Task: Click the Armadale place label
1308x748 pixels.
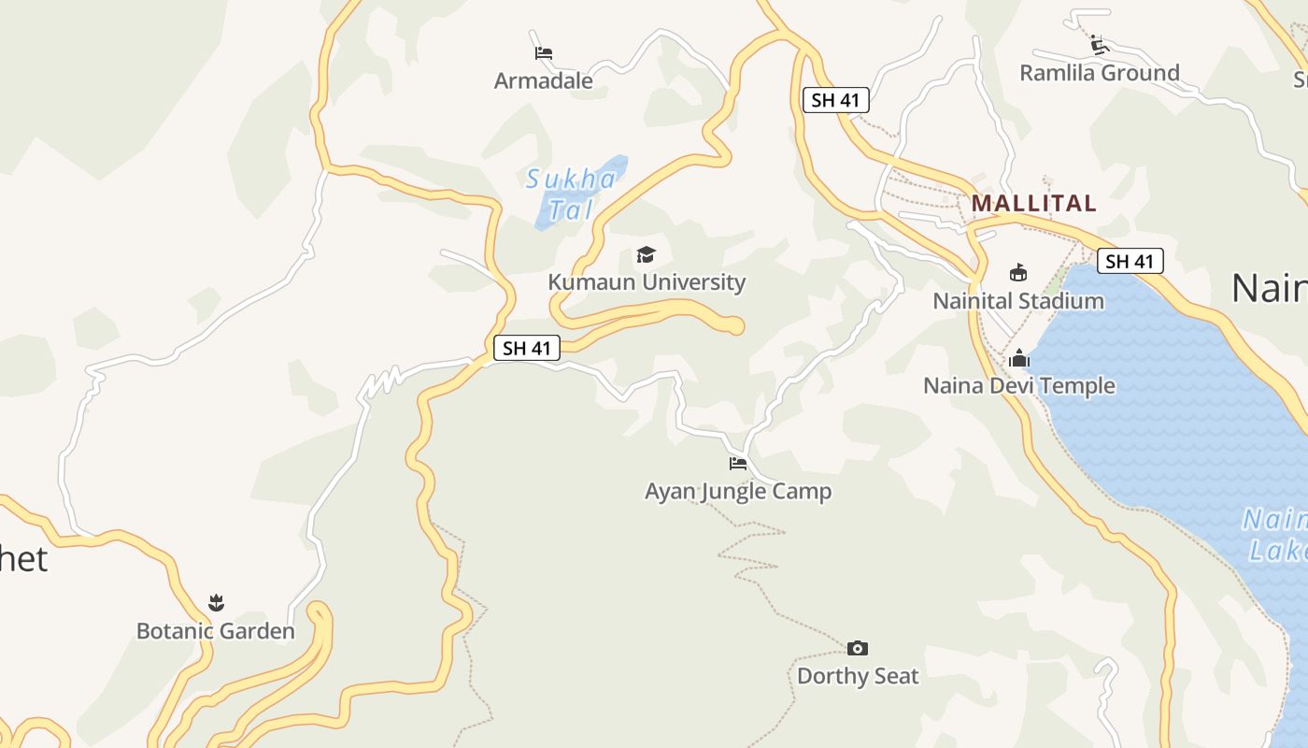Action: pos(543,81)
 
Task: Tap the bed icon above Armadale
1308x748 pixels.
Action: pos(544,53)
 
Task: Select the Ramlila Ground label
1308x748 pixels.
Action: pos(1099,73)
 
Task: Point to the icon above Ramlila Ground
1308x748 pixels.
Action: pos(1100,45)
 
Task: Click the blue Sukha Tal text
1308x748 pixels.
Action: pos(570,194)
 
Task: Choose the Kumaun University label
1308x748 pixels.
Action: pos(647,282)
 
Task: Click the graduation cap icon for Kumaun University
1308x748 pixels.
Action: pos(646,254)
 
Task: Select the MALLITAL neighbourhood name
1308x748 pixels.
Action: pos(1034,203)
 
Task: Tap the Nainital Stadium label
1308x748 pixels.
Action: pos(1018,301)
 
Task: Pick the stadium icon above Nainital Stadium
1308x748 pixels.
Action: pos(1018,273)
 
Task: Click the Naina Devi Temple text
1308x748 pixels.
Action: pos(1019,385)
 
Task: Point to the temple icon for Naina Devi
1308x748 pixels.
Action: pos(1019,358)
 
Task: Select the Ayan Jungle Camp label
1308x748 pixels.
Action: pos(738,491)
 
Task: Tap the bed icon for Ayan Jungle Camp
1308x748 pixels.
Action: pos(738,463)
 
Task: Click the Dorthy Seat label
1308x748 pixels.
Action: pos(858,676)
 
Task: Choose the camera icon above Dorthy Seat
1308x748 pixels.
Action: pos(858,648)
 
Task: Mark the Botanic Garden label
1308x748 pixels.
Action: pos(216,631)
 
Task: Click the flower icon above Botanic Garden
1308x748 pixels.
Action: pos(217,603)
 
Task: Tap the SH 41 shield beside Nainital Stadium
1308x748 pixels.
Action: pos(1130,262)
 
